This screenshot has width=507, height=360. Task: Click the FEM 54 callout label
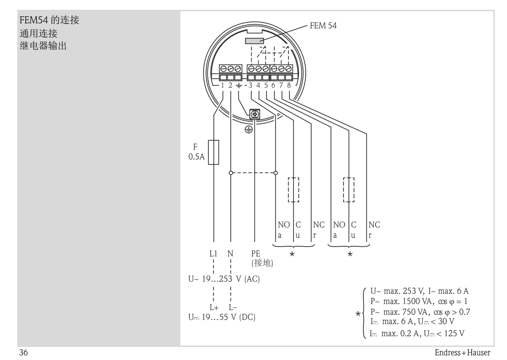tap(323, 26)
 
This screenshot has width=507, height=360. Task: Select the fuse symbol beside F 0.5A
tap(213, 152)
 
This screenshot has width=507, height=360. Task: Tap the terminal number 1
tap(222, 85)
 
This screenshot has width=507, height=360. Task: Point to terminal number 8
tap(289, 85)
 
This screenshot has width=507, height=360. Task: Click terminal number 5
tap(266, 85)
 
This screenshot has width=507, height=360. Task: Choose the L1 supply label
tap(213, 254)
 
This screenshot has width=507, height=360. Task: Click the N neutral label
tap(230, 254)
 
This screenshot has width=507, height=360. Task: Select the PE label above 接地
tap(256, 254)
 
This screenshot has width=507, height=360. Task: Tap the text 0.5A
tap(196, 157)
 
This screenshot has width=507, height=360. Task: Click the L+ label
tap(214, 307)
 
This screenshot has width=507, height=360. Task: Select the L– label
tap(233, 307)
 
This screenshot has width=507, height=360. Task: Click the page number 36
tap(23, 353)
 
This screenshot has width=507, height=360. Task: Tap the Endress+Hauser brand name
tap(462, 353)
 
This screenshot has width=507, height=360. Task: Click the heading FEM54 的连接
tap(49, 20)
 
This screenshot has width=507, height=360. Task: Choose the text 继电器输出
tap(43, 46)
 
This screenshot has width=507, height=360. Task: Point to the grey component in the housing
tap(254, 41)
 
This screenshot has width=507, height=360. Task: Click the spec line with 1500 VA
tap(418, 301)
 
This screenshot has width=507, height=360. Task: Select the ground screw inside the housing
tap(254, 114)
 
